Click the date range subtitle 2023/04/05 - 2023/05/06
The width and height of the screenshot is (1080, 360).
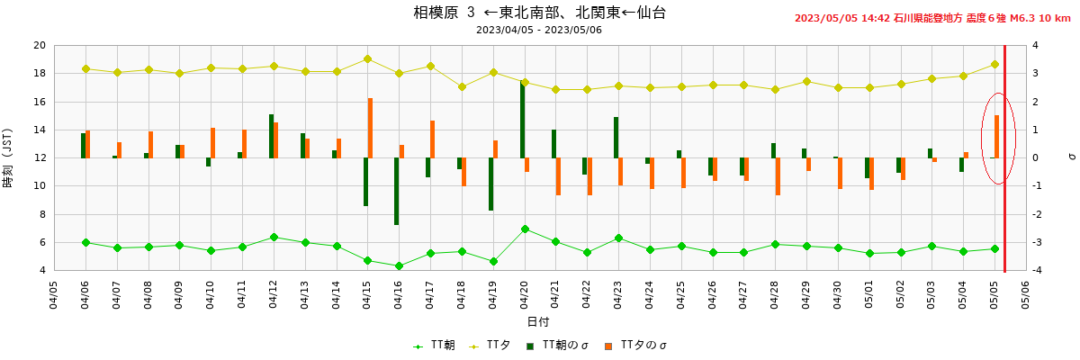click(x=539, y=30)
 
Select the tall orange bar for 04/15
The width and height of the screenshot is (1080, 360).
click(x=370, y=128)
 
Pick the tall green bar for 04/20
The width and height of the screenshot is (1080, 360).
click(x=522, y=120)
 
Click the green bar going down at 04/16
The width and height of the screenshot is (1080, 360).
click(x=396, y=191)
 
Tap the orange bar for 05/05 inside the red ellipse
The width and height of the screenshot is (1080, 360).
click(x=997, y=136)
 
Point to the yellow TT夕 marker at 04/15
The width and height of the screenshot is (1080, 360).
click(x=368, y=59)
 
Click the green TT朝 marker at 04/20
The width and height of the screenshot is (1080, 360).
click(x=525, y=229)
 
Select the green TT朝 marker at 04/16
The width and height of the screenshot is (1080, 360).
click(x=399, y=266)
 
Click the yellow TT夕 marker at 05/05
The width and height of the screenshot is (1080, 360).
click(x=995, y=64)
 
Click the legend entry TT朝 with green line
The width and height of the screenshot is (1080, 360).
click(x=434, y=346)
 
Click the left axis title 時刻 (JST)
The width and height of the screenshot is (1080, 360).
click(x=8, y=158)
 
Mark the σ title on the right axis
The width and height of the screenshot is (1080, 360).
click(x=1071, y=157)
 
